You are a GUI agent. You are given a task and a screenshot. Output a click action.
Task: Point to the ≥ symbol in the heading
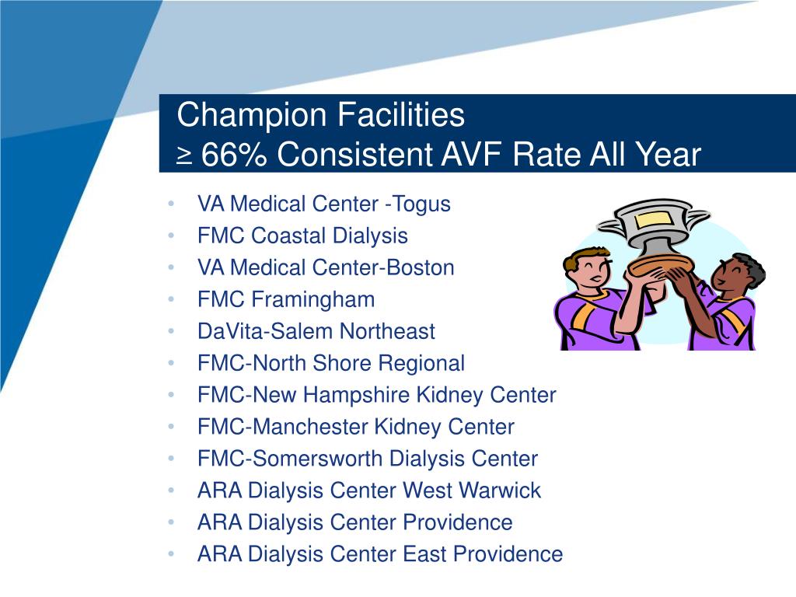184,156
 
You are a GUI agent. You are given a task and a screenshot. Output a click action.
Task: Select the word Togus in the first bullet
421,204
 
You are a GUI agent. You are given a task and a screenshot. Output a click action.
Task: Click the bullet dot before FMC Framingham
169,300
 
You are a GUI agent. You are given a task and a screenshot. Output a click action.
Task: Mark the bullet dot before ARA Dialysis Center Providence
169,523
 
